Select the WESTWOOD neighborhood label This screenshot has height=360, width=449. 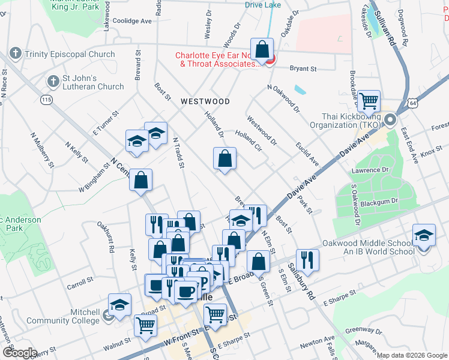(205, 101)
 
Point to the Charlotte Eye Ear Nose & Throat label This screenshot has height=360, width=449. (217, 60)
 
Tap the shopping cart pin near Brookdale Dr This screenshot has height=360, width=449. (369, 100)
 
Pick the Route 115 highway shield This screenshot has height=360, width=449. (46, 99)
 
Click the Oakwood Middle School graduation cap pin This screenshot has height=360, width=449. (424, 235)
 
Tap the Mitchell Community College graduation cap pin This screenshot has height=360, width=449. (119, 304)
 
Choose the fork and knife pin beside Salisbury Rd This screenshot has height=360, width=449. (307, 259)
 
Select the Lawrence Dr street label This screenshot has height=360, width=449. (370, 170)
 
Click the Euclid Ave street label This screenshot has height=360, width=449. (307, 154)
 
